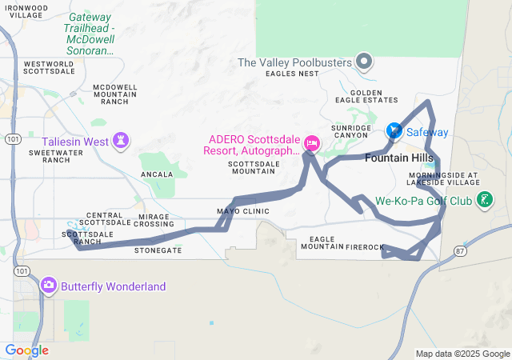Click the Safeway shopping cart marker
[394, 130]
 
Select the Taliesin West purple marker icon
[122, 142]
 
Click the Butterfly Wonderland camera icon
[49, 286]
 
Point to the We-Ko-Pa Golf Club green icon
[483, 200]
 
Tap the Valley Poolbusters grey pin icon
[364, 62]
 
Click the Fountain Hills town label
[398, 158]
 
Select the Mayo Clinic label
[243, 211]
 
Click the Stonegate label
[158, 250]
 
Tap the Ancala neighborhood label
[156, 174]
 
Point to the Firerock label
[365, 247]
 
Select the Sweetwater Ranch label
[50, 156]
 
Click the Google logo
[26, 350]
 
